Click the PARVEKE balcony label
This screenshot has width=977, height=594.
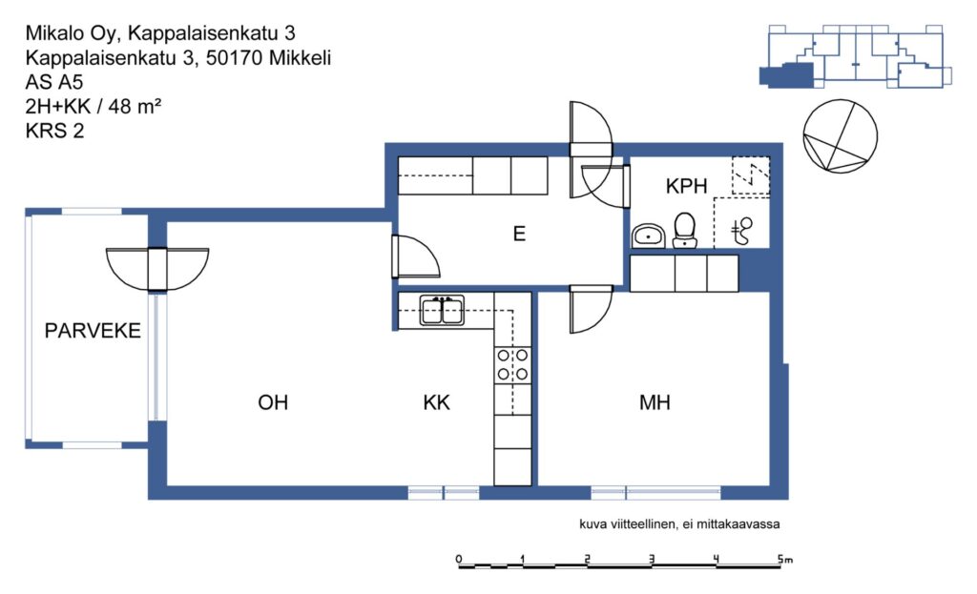tap(93, 330)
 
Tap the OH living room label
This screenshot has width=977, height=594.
tap(273, 402)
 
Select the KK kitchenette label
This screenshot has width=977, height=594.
tap(436, 402)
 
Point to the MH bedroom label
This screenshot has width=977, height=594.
tap(655, 402)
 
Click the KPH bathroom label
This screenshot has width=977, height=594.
tap(686, 186)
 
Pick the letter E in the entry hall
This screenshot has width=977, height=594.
tap(519, 234)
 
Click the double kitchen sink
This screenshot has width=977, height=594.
tap(442, 310)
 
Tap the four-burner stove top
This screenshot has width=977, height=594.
tap(512, 365)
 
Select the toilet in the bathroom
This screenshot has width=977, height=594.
tap(685, 231)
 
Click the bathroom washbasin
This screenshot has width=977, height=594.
tap(649, 236)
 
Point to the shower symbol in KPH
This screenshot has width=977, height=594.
tap(741, 231)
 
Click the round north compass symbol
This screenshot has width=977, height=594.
tap(840, 135)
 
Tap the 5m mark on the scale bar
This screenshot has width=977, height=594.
tap(784, 559)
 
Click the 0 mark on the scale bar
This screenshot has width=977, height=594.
tap(459, 559)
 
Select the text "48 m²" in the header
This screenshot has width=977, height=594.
tap(135, 107)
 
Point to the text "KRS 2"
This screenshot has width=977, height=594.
tap(54, 131)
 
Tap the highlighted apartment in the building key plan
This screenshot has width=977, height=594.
tap(786, 75)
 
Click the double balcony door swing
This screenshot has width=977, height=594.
tap(157, 270)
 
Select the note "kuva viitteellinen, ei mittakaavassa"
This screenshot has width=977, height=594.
tap(679, 524)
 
